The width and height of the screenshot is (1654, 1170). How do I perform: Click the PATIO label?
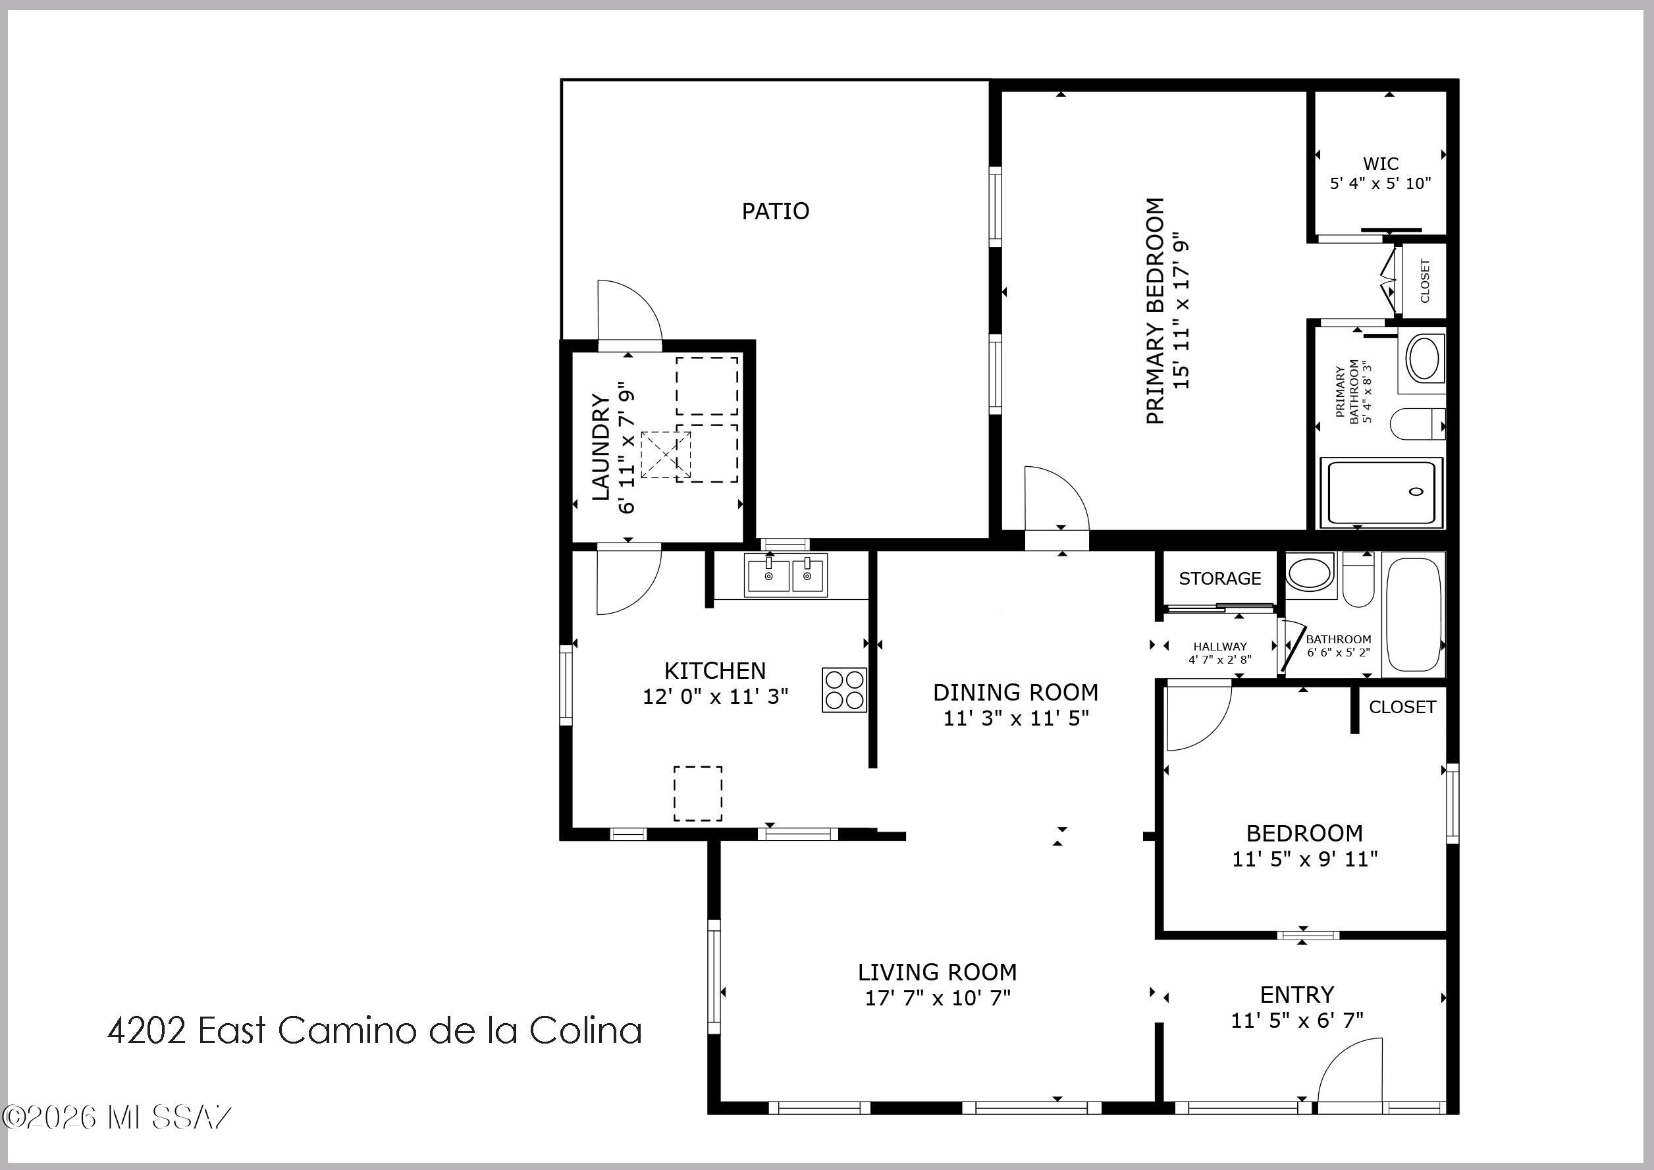775,211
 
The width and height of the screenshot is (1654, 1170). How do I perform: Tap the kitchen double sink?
786,575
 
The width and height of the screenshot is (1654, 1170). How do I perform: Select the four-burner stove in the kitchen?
844,689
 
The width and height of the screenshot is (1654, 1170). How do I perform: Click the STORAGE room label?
1219,579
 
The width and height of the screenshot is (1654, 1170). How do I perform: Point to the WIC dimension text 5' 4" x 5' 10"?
1380,183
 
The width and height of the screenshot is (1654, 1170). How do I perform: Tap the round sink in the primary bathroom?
1424,358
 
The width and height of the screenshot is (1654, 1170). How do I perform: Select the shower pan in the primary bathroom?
1381,492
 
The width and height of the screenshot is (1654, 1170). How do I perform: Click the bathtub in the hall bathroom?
1414,614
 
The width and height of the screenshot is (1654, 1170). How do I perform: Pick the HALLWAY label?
1219,647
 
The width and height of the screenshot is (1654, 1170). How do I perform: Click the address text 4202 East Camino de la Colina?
375,1030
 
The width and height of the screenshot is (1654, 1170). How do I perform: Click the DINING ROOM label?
1016,693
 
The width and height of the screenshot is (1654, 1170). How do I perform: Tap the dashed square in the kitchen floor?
697,793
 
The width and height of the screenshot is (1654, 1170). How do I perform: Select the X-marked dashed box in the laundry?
666,454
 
